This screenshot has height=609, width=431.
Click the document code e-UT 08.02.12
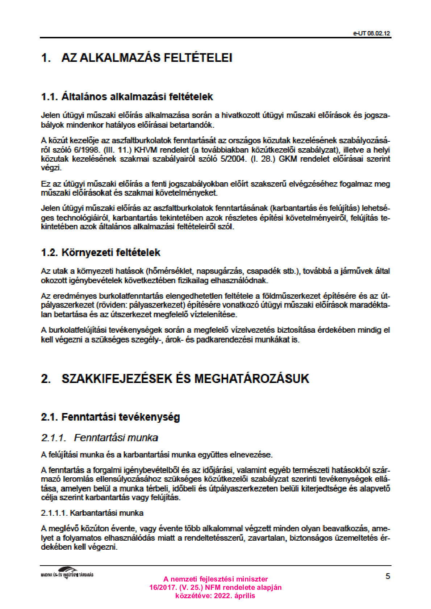pyautogui.click(x=372, y=33)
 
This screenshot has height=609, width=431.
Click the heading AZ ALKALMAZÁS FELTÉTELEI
pyautogui.click(x=147, y=58)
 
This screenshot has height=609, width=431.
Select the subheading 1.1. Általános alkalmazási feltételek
pyautogui.click(x=127, y=97)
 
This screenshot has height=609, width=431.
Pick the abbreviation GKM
pyautogui.click(x=288, y=159)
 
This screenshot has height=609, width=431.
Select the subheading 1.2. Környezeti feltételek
pyautogui.click(x=101, y=252)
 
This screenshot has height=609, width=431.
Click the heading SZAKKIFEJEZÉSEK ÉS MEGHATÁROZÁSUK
pyautogui.click(x=185, y=379)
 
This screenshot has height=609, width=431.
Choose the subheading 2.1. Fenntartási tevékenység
pyautogui.click(x=110, y=417)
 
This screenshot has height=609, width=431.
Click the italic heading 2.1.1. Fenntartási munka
pyautogui.click(x=100, y=438)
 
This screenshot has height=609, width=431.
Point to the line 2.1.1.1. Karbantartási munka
pyautogui.click(x=92, y=513)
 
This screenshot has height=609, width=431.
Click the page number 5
pyautogui.click(x=388, y=576)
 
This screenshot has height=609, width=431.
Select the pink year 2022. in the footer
pyautogui.click(x=222, y=596)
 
